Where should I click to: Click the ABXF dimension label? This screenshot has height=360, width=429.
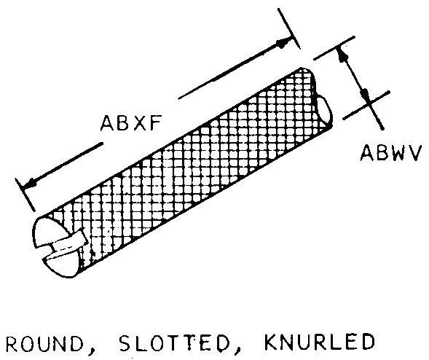(x=131, y=123)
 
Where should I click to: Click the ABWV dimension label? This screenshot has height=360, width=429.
(x=390, y=153)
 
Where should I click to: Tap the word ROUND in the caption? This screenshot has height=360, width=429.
(x=44, y=344)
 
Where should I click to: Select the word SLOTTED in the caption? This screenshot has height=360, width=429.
(x=174, y=343)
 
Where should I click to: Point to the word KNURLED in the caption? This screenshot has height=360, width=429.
(x=319, y=343)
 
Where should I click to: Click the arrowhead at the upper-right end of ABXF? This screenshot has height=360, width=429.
(x=283, y=43)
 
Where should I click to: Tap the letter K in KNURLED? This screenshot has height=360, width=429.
(x=270, y=343)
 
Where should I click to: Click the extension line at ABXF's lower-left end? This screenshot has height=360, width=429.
(x=25, y=195)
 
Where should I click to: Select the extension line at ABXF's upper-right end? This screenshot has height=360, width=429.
(x=289, y=28)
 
